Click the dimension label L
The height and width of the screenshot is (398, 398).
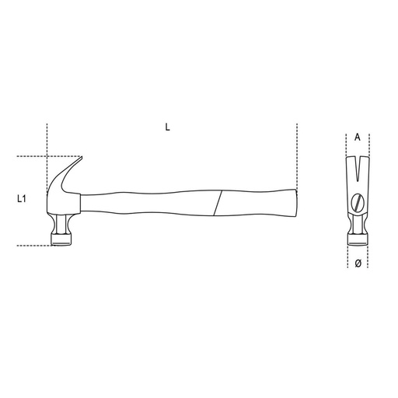(x=167, y=127)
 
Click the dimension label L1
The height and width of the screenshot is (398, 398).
(x=22, y=199)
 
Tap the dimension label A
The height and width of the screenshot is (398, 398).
(x=358, y=137)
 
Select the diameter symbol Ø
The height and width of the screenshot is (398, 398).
(x=358, y=264)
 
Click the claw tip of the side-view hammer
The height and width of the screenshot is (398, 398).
(x=82, y=156)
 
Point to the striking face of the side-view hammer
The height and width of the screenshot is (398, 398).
(x=61, y=243)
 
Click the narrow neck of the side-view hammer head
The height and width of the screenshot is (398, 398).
(x=61, y=223)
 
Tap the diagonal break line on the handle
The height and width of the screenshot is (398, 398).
(x=218, y=203)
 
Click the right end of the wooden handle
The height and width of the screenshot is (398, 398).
(x=296, y=203)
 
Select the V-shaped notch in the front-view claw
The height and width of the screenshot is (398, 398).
(x=358, y=169)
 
